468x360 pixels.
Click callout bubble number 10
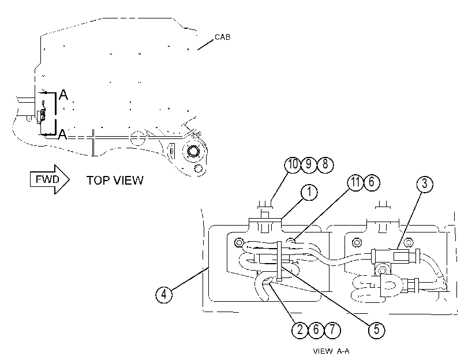click(293, 164)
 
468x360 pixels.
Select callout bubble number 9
click(309, 164)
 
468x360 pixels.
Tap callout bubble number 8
click(325, 164)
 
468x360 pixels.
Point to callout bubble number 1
click(309, 192)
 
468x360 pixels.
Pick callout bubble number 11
click(355, 182)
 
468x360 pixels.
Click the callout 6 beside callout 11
click(372, 182)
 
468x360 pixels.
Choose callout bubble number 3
click(425, 184)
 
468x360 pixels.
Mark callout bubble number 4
click(164, 295)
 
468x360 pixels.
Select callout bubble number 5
click(376, 330)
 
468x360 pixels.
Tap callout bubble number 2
click(300, 330)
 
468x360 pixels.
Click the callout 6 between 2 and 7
click(316, 330)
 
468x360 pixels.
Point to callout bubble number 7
click(332, 330)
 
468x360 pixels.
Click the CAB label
click(223, 37)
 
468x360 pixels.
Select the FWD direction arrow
click(50, 179)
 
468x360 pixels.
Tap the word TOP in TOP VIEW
click(98, 181)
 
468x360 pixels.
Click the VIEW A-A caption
click(331, 351)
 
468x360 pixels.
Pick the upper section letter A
click(63, 95)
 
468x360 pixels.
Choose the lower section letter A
click(62, 134)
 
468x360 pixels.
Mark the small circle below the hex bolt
click(197, 168)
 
